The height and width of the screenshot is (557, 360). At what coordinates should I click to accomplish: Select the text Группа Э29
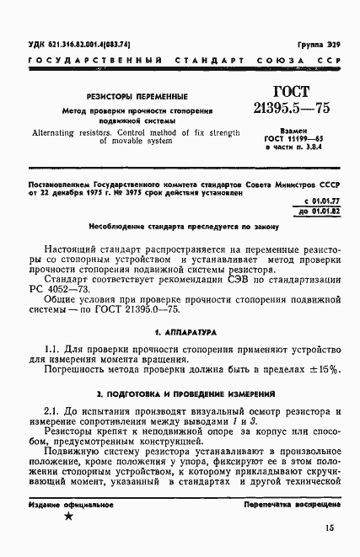317,41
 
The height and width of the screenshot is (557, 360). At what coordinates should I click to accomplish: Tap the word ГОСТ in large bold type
292,91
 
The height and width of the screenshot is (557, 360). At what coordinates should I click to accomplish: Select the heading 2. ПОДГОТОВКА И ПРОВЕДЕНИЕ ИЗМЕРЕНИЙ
182,394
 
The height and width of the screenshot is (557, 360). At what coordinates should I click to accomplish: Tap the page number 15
328,528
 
